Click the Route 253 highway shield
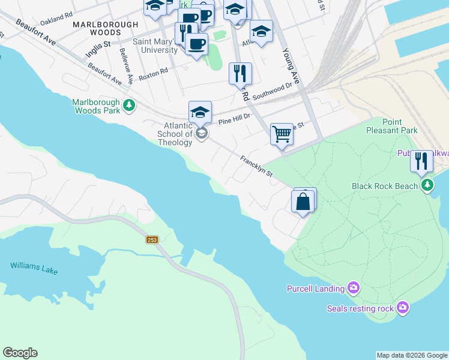[151, 239]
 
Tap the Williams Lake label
[34, 268]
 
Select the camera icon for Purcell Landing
[354, 289]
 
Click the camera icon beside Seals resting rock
[403, 308]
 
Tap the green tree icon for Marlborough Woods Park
[128, 106]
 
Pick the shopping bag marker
[303, 201]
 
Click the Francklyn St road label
[256, 166]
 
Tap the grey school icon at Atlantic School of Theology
[202, 133]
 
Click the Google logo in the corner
[20, 353]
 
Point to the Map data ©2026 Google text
[412, 355]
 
